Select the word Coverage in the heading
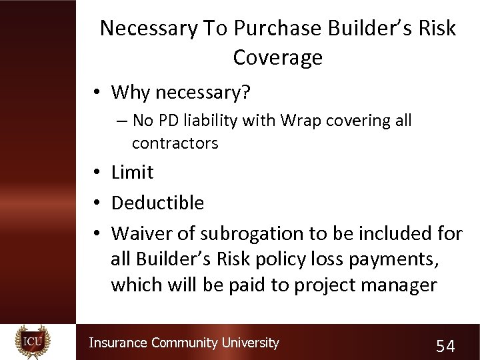(x=277, y=57)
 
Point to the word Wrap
(x=301, y=121)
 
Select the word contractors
(x=175, y=143)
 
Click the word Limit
(x=132, y=172)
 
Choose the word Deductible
(x=157, y=203)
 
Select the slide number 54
(x=445, y=345)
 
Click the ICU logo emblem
(x=33, y=341)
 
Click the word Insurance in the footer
(x=118, y=343)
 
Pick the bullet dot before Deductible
(x=97, y=203)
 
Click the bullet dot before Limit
(x=97, y=173)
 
